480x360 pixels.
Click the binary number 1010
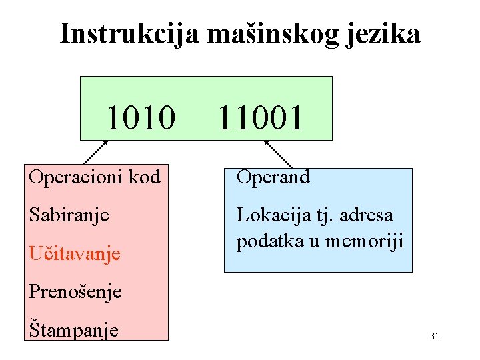[141, 117]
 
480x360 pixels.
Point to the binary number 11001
[260, 117]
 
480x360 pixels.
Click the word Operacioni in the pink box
[71, 177]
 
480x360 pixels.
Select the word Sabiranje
[69, 215]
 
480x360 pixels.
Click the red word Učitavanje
[74, 253]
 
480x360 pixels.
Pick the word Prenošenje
[75, 291]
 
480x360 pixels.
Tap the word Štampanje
[73, 329]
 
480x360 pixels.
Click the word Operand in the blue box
[273, 177]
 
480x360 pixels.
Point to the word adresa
[369, 215]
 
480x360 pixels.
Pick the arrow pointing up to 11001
[278, 153]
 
